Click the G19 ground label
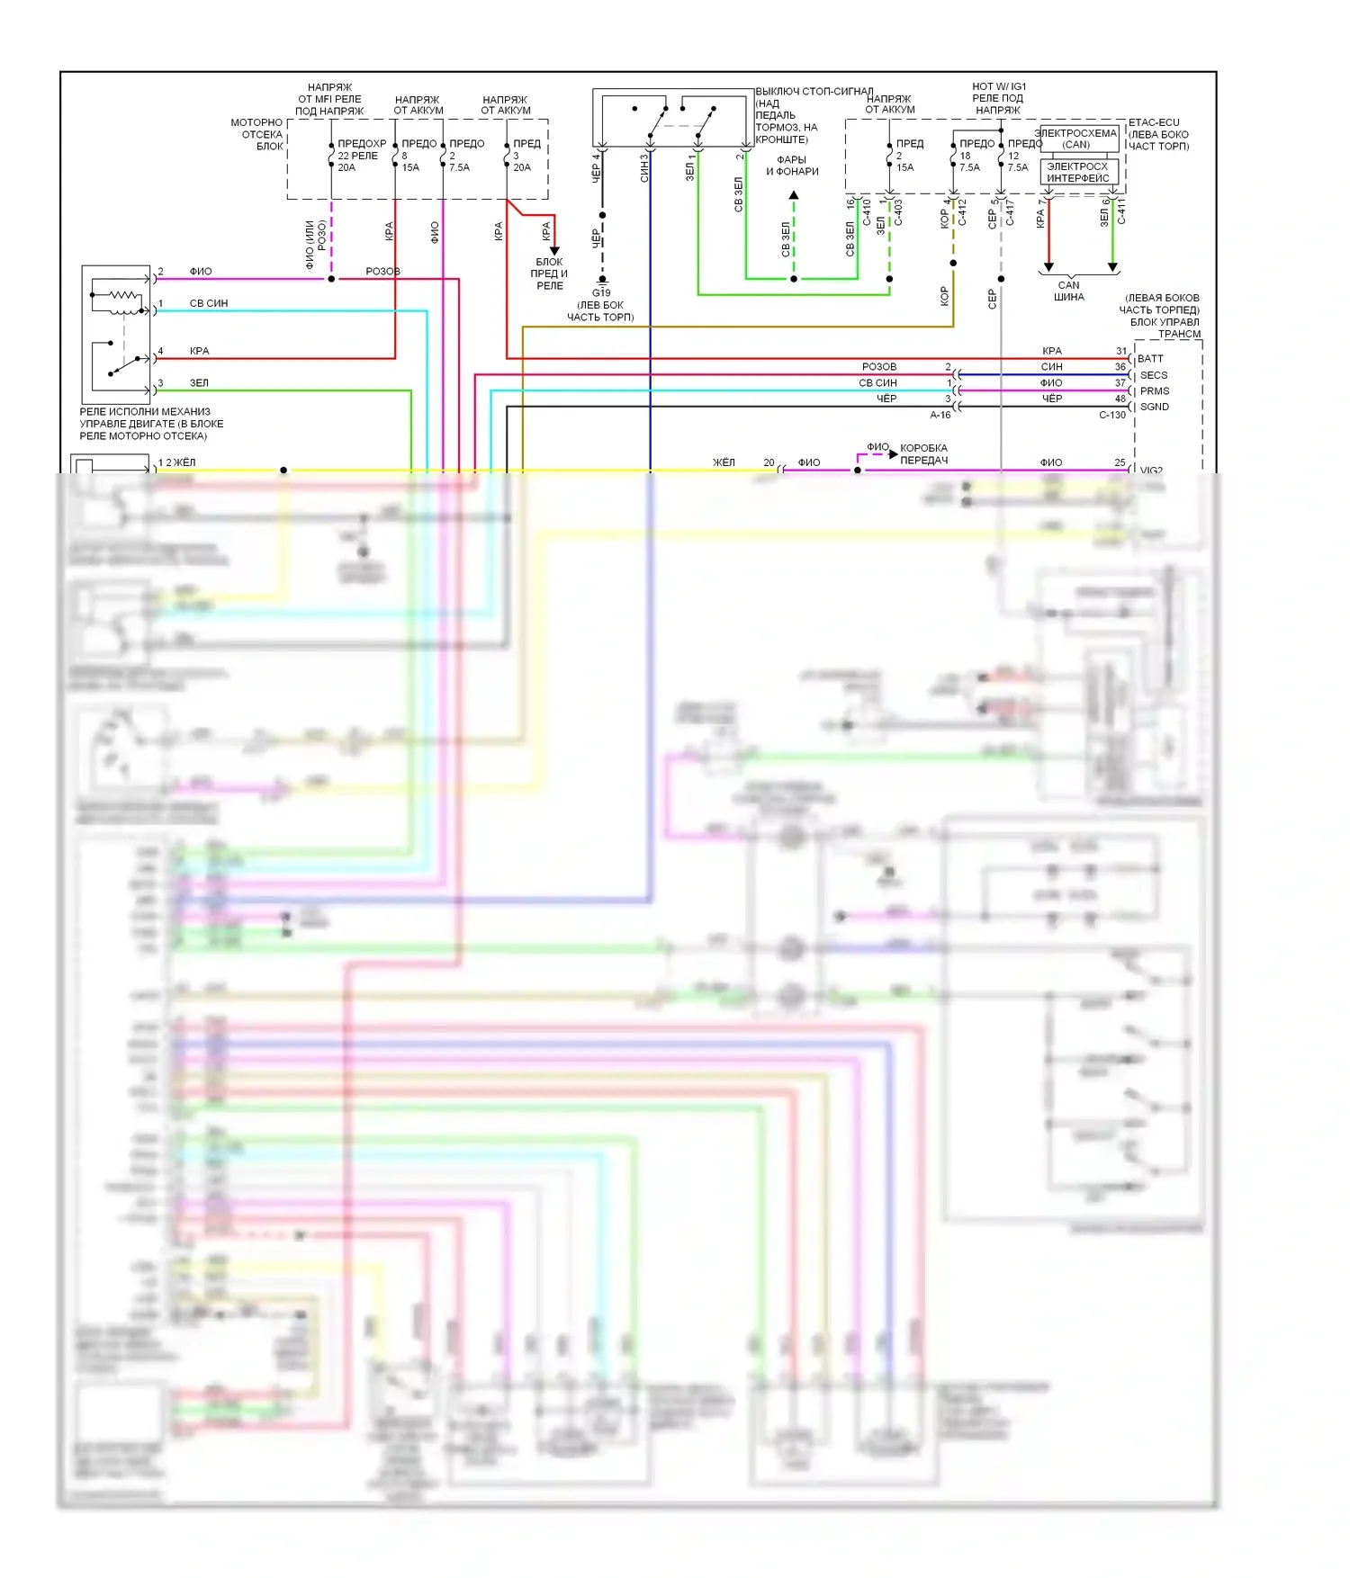[x=601, y=292]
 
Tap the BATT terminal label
[x=1150, y=359]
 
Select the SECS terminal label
[x=1154, y=375]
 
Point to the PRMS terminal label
[x=1155, y=391]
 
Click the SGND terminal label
[x=1155, y=407]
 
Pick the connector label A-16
[x=940, y=415]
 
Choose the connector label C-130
[x=1112, y=415]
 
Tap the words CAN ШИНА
[x=1069, y=291]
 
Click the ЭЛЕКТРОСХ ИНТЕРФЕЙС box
[x=1078, y=172]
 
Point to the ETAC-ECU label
[x=1154, y=122]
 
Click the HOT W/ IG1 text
[x=999, y=86]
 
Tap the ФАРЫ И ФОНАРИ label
[x=792, y=166]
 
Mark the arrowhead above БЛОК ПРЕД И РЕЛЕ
[x=554, y=250]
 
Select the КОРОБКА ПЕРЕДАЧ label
[x=924, y=453]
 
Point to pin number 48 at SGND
[x=1120, y=399]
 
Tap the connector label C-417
[x=1009, y=213]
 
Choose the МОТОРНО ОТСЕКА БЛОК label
[x=257, y=134]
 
